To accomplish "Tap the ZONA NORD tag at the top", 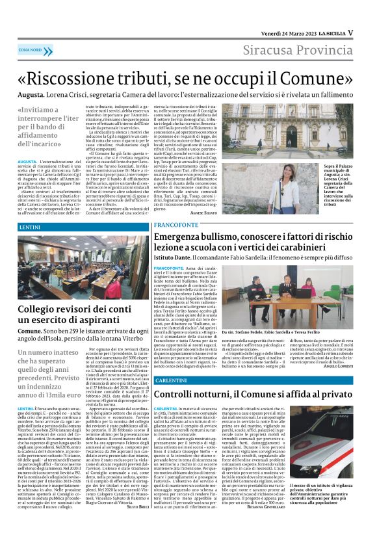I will tap(31, 50).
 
